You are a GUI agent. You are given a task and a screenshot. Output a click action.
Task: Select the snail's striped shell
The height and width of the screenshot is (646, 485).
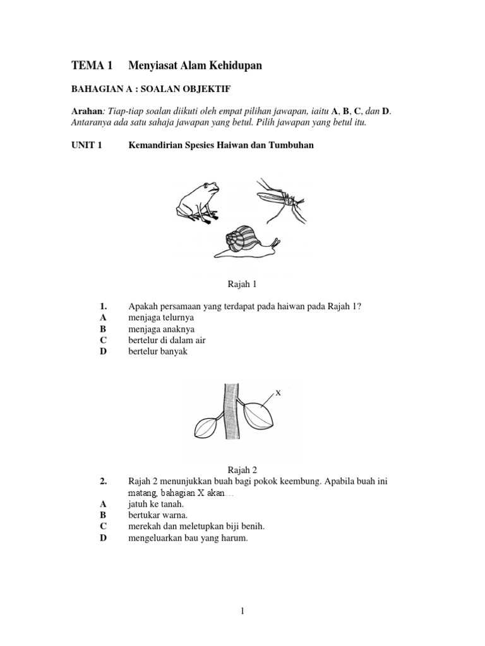tap(241, 239)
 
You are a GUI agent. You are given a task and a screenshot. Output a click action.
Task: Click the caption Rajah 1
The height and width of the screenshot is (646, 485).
tap(242, 285)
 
